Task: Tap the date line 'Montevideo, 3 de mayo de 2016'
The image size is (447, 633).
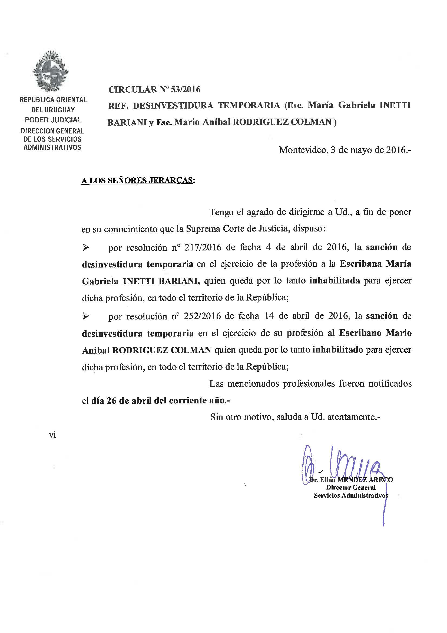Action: (x=345, y=150)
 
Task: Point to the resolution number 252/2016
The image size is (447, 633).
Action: (x=203, y=316)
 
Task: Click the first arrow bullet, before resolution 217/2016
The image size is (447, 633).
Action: (x=86, y=248)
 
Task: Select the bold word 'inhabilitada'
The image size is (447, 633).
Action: (x=335, y=281)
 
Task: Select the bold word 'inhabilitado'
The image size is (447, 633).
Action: (x=338, y=350)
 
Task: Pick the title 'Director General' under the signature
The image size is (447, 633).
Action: (x=351, y=487)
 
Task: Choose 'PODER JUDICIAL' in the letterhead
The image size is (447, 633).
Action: (x=53, y=120)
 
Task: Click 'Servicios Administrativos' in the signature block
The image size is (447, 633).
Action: (x=351, y=495)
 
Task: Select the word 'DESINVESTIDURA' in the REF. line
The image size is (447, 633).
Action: (x=173, y=106)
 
